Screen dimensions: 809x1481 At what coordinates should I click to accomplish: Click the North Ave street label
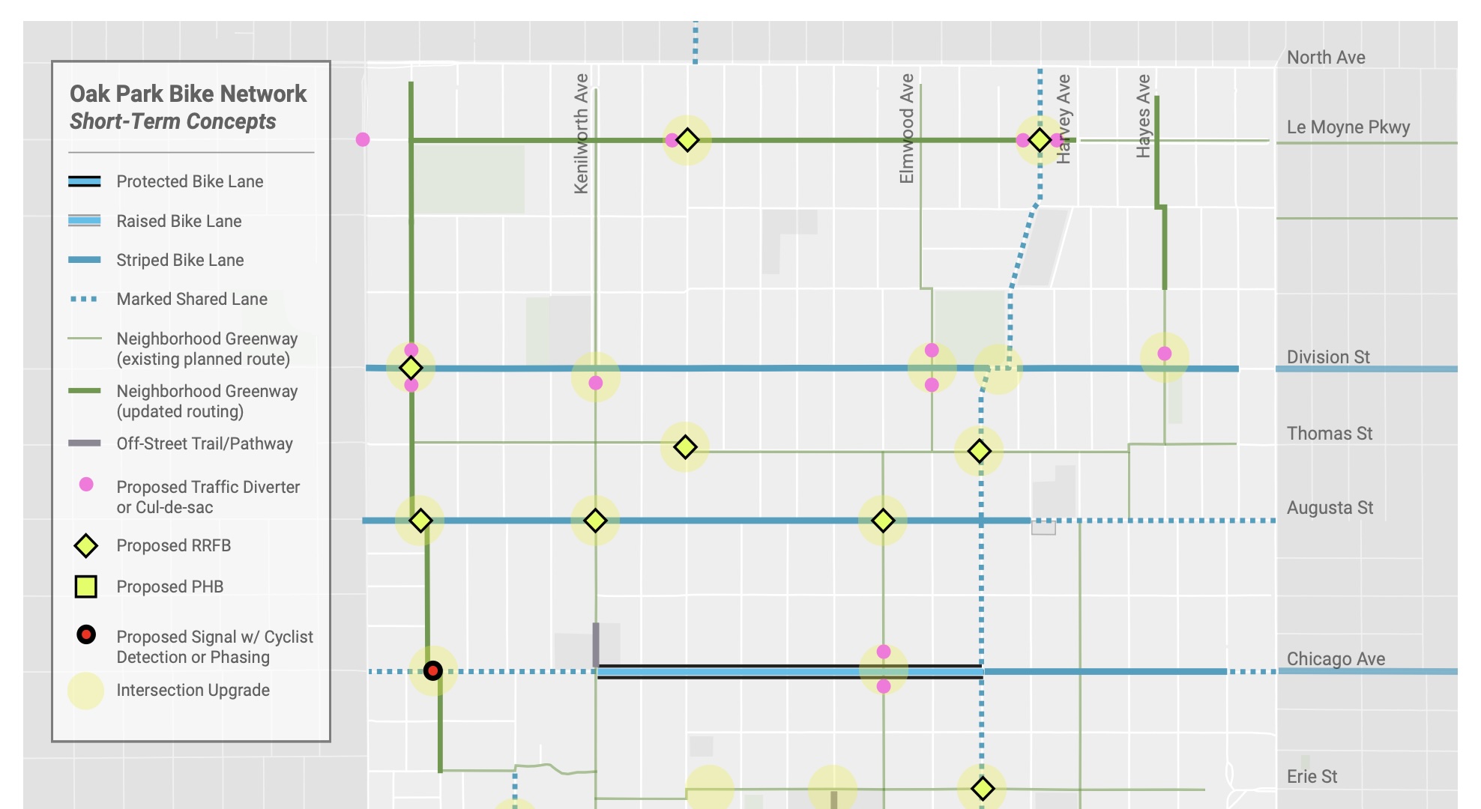(1325, 58)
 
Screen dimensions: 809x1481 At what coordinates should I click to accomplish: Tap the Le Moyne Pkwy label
(1348, 127)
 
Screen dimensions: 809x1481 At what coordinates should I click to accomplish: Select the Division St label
(1327, 357)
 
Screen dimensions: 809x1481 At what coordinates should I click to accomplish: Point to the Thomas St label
(1329, 434)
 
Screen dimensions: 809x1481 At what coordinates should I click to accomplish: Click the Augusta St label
(1330, 508)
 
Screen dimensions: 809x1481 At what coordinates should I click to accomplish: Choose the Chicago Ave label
(1336, 659)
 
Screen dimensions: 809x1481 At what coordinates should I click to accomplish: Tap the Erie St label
(1312, 777)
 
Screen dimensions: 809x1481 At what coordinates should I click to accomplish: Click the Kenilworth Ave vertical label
(582, 133)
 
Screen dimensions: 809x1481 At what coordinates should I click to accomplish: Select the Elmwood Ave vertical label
(907, 128)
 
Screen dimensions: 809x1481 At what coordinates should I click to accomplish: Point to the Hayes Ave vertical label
(1143, 116)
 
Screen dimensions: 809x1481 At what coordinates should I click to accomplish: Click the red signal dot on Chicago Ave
(432, 670)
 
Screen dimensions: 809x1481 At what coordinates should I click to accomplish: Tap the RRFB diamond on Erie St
(982, 788)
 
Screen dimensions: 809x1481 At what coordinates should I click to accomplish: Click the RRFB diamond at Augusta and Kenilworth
(595, 520)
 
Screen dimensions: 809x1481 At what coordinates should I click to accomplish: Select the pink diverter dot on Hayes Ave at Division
(1164, 354)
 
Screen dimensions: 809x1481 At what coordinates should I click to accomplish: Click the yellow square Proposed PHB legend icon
(86, 587)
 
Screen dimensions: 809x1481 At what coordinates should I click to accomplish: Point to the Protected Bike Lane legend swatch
(85, 181)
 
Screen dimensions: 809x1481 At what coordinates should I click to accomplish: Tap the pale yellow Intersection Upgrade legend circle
(85, 691)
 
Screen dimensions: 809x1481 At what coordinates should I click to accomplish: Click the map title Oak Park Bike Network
(188, 94)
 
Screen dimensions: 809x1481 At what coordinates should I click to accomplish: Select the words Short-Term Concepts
(172, 121)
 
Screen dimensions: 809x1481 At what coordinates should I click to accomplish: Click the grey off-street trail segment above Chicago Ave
(596, 644)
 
